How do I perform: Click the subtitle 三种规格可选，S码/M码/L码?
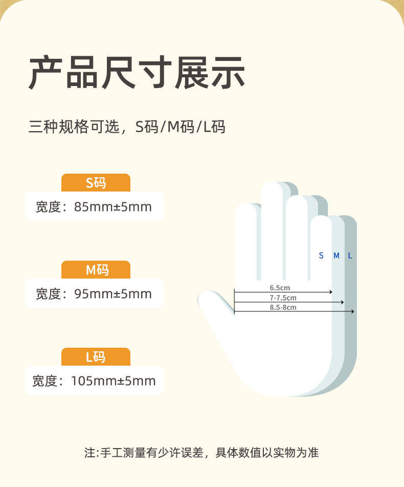click(x=127, y=126)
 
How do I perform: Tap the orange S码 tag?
click(x=96, y=182)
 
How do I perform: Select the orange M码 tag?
click(x=96, y=269)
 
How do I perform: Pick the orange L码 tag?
click(x=96, y=356)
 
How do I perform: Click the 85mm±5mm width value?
click(x=113, y=207)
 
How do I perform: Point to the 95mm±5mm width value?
click(x=113, y=294)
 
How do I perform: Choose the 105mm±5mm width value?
click(x=113, y=381)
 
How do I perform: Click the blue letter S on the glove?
click(x=321, y=256)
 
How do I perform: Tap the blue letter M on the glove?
click(x=336, y=256)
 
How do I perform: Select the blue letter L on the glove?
click(x=350, y=256)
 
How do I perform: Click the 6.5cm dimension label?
click(x=280, y=288)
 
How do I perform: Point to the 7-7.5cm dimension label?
click(x=283, y=298)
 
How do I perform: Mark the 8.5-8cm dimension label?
click(x=283, y=307)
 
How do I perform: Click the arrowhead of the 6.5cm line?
click(x=331, y=292)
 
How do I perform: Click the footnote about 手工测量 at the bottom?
click(x=201, y=453)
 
